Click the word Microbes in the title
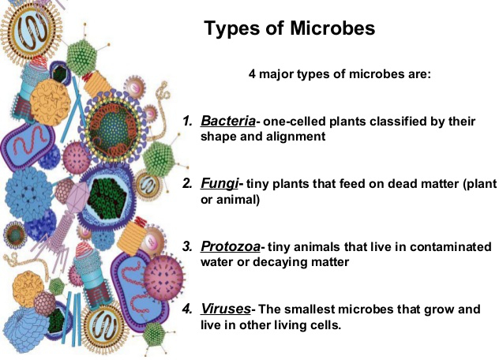click(332, 28)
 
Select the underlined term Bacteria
click(228, 121)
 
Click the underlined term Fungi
click(219, 184)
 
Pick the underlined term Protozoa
click(231, 246)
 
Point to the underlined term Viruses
click(226, 309)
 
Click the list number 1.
click(188, 121)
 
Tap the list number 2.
click(188, 184)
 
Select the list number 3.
click(188, 246)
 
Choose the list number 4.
click(188, 309)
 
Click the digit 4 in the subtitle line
click(252, 74)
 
